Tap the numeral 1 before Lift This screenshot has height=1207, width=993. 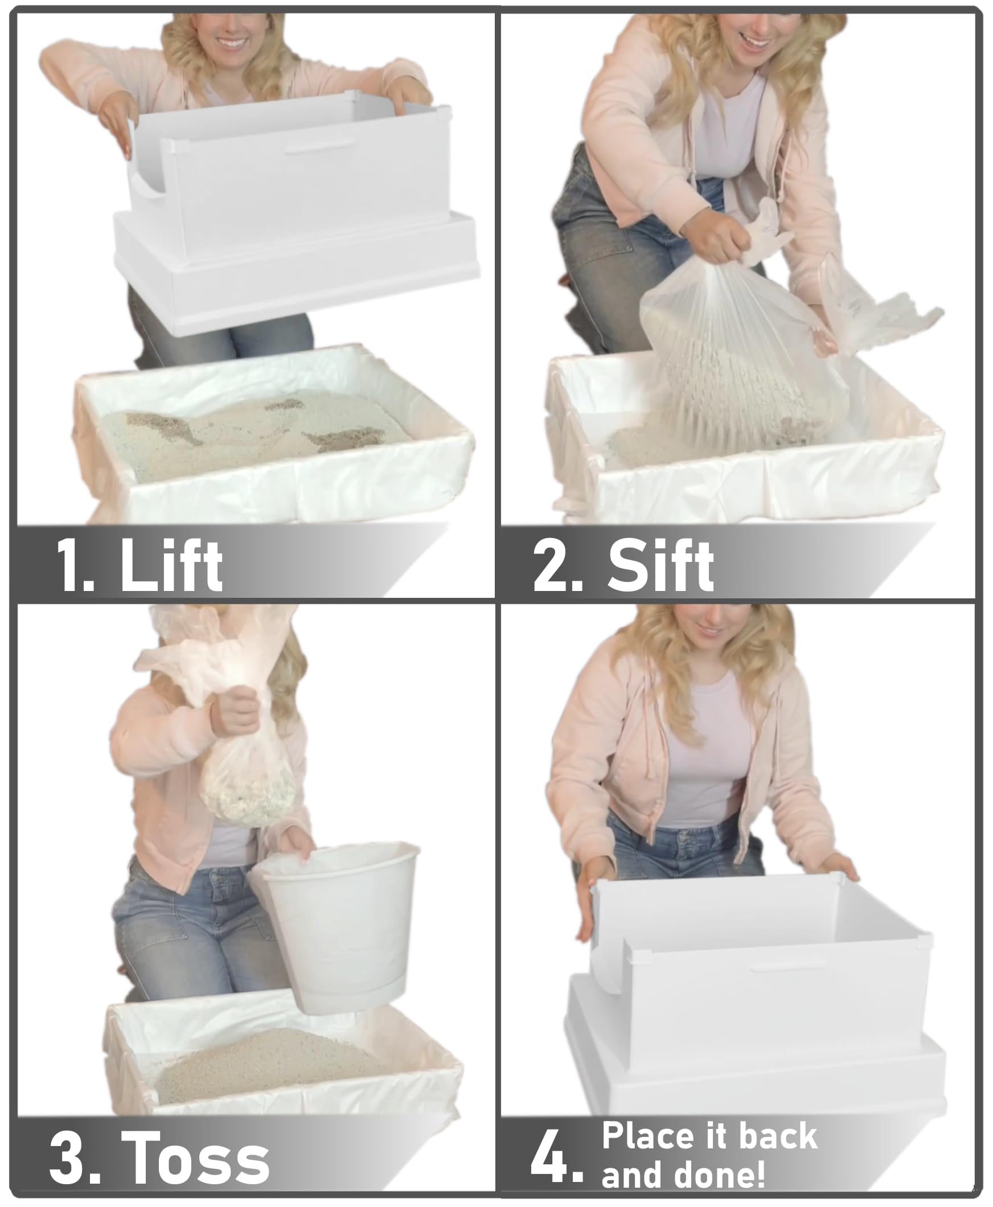click(73, 566)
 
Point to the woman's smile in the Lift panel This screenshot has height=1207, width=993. click(233, 43)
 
